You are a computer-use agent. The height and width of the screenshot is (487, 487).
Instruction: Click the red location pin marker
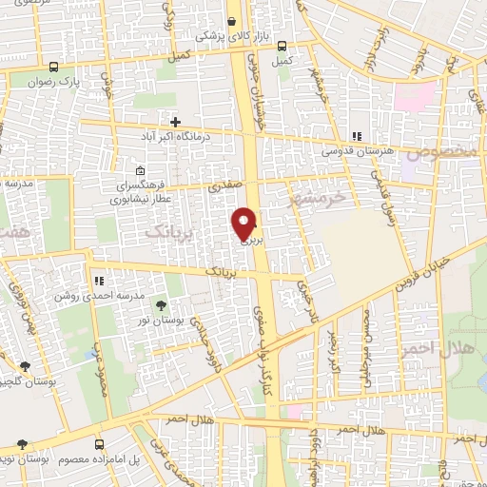245,223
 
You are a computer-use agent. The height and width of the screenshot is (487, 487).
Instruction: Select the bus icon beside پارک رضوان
53,68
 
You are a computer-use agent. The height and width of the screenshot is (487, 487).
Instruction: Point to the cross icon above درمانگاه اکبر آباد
176,121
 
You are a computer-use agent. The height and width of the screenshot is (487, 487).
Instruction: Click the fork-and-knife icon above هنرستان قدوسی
357,136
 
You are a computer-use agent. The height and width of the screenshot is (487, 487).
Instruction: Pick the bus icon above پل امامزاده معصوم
99,445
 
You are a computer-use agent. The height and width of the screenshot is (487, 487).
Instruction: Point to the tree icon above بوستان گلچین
25,365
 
